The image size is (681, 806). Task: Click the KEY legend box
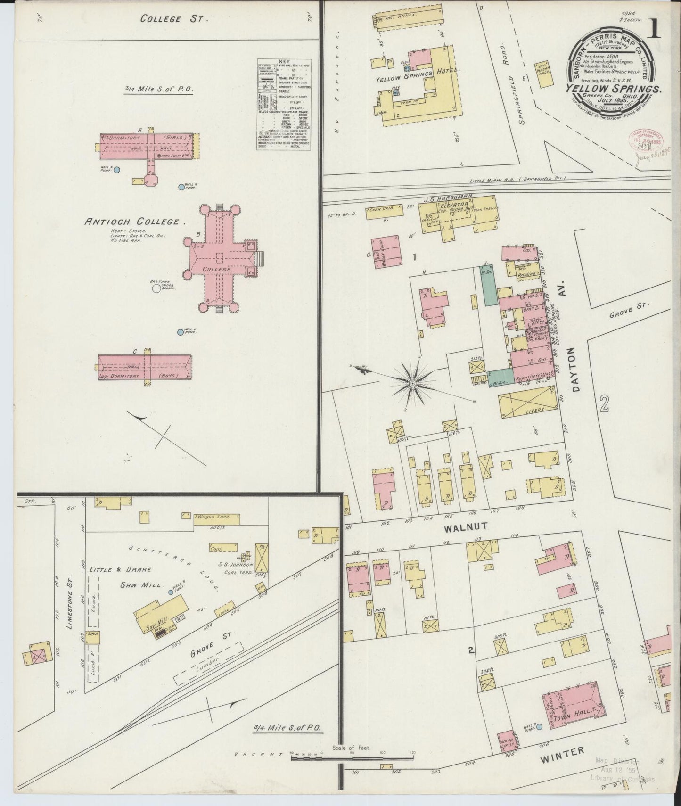click(x=284, y=105)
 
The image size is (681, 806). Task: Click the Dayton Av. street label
click(x=572, y=357)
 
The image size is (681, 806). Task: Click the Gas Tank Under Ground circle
click(x=156, y=288)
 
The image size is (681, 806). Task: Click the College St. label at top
click(x=174, y=19)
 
